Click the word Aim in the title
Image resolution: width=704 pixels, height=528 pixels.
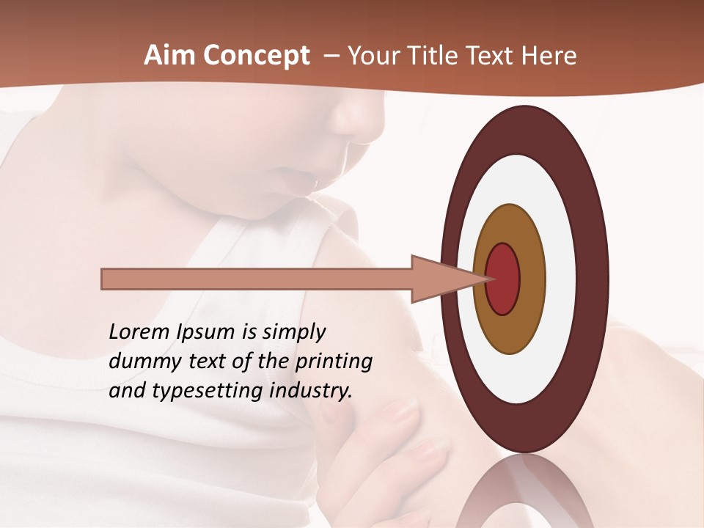(170, 56)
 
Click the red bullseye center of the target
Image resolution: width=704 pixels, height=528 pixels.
(503, 279)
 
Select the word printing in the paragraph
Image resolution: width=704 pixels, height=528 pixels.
(333, 362)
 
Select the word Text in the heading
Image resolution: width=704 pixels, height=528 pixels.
(495, 56)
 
